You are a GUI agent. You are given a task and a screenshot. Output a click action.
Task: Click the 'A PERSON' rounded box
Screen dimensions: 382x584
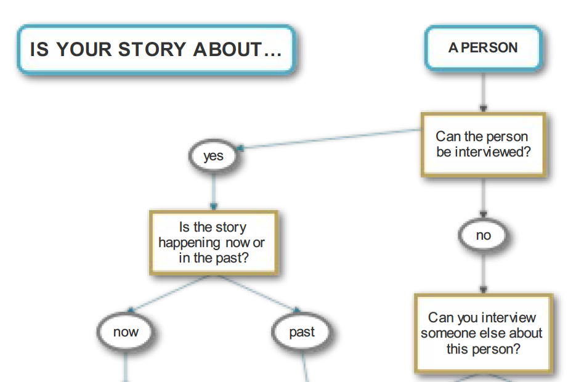[483, 47]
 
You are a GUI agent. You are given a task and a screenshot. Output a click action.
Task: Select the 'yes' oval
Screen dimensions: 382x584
[213, 156]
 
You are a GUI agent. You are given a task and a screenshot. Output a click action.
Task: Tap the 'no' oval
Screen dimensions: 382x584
[484, 235]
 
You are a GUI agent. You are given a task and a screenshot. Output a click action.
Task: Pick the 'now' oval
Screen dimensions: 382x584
[126, 332]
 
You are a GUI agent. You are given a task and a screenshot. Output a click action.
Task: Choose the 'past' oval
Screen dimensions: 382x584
[302, 332]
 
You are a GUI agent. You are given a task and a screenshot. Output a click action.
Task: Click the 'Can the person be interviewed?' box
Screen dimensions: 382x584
[483, 144]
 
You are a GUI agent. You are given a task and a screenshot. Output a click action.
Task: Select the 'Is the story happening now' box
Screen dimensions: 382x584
[213, 243]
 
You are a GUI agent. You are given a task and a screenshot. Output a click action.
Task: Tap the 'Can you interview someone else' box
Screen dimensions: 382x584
[483, 333]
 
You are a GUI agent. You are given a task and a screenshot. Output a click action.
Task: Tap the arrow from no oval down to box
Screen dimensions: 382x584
[484, 271]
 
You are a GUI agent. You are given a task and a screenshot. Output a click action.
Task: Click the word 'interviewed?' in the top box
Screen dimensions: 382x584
[492, 152]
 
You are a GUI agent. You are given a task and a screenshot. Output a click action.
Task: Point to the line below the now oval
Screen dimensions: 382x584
[126, 367]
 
